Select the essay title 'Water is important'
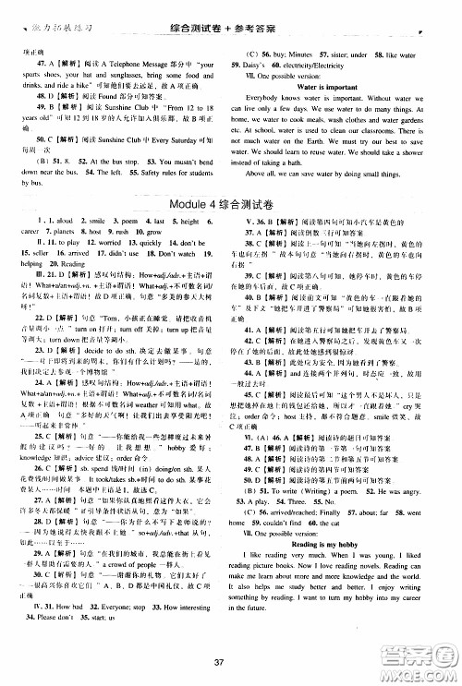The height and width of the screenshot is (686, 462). (335, 86)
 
